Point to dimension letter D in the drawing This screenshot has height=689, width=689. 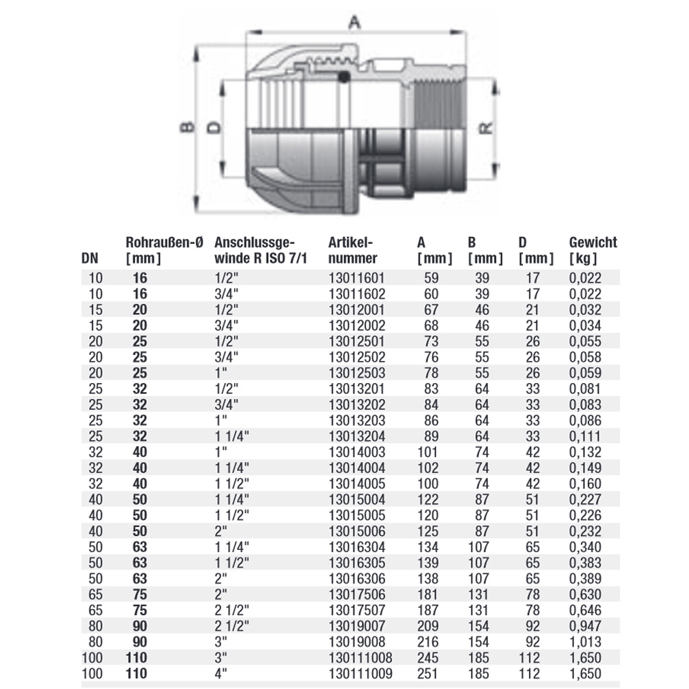(x=214, y=128)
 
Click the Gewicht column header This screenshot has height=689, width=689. (x=593, y=250)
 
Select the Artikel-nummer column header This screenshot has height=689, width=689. (x=353, y=250)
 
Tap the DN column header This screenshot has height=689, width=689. (x=90, y=259)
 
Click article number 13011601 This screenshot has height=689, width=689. (x=353, y=278)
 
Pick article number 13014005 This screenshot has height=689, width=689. (x=353, y=484)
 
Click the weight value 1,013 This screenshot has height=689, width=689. (x=586, y=642)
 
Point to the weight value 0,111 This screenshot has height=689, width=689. (x=586, y=436)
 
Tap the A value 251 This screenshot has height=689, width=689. (x=427, y=673)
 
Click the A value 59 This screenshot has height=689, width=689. (x=431, y=278)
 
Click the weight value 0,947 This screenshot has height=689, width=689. (x=586, y=626)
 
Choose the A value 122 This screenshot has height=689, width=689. (x=427, y=500)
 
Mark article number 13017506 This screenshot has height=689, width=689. (x=353, y=594)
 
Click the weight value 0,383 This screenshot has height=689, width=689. (x=586, y=562)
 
